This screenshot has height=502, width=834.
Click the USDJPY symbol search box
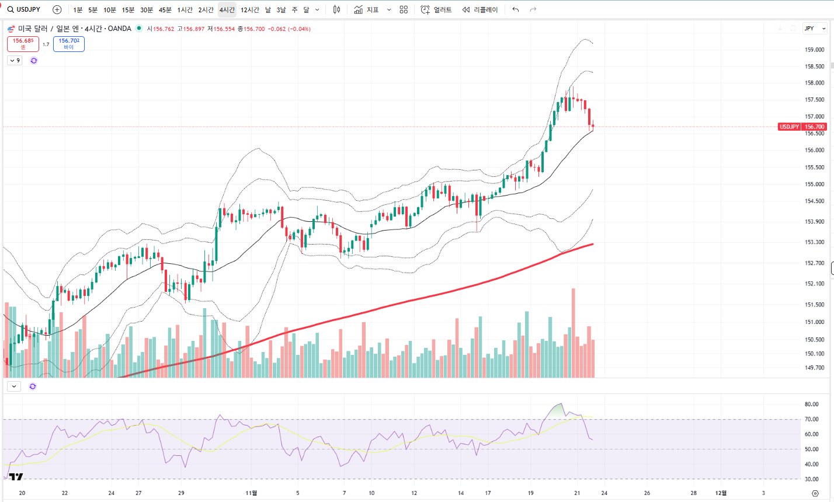[24, 9]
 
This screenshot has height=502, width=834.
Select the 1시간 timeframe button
[185, 10]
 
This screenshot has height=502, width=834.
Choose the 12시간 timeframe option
[249, 10]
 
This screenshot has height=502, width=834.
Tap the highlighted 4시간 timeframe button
[227, 10]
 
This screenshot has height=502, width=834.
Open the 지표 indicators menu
[367, 10]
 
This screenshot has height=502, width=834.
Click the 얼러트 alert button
[436, 10]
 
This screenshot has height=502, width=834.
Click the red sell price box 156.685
[23, 44]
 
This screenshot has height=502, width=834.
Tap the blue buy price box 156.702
[69, 44]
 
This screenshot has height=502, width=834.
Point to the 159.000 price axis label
[814, 50]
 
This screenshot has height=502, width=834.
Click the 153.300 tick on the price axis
[814, 242]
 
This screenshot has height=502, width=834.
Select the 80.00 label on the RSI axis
[811, 404]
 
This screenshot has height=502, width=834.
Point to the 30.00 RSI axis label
[811, 479]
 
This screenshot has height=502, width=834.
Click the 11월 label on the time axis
[251, 493]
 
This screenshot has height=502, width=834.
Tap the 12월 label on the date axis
[721, 493]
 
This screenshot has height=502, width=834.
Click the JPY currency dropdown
[815, 28]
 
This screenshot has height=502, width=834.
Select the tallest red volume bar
[574, 333]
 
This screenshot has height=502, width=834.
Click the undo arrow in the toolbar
[515, 10]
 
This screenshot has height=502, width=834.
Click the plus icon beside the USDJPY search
[57, 10]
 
